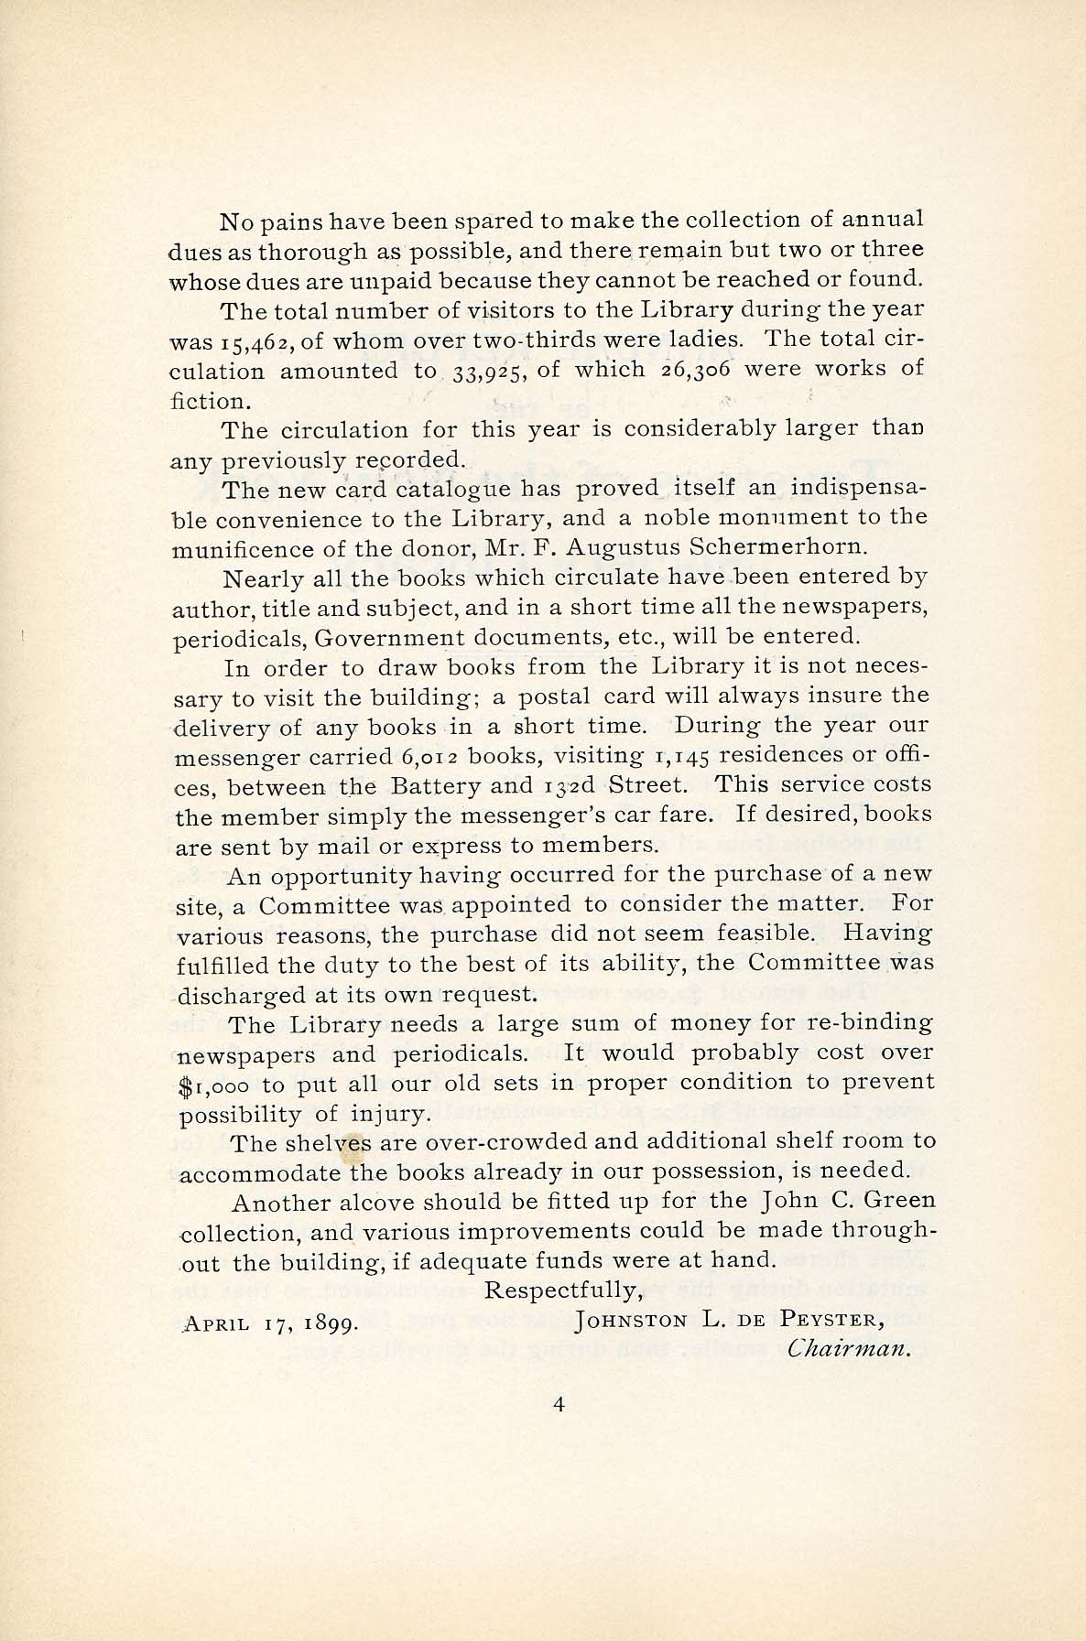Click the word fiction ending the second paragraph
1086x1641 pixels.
pos(209,401)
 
